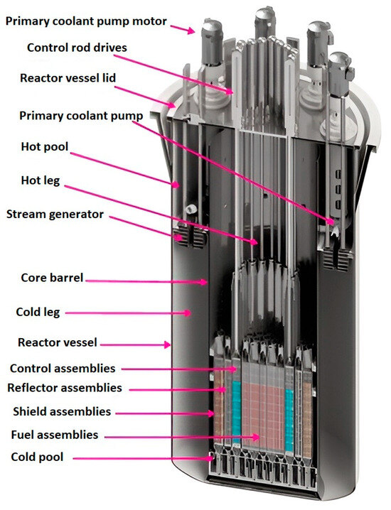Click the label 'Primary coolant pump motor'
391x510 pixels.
[x=86, y=21]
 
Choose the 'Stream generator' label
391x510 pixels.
[x=55, y=213]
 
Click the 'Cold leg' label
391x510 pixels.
[x=40, y=312]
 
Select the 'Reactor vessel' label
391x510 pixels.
[x=58, y=343]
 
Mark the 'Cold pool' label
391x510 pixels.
[x=38, y=457]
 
